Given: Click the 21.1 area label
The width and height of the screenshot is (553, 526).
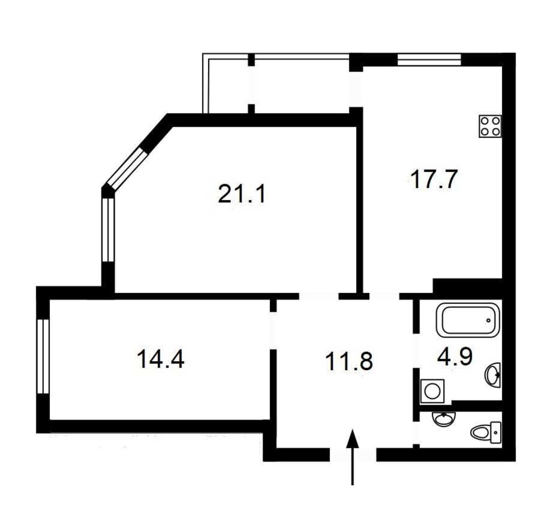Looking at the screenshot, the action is [241, 194].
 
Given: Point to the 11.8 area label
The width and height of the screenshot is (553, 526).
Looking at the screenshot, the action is [349, 362].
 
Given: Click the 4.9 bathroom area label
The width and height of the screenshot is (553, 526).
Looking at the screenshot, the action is [455, 357].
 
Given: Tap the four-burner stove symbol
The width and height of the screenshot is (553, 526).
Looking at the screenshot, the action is [490, 127].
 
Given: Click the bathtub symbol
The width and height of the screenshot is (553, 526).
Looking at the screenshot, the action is [468, 320].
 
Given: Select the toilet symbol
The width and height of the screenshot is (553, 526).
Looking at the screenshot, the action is [486, 433].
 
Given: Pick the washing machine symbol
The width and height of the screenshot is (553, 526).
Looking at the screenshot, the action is [432, 391].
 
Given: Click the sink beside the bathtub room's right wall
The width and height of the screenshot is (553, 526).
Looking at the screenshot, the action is [493, 375].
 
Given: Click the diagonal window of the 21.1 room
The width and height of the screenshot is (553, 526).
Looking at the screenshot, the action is [128, 170].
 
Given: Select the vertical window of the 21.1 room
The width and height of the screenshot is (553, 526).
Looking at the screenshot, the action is [108, 230].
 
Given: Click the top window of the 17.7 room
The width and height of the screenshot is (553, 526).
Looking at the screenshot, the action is [429, 59].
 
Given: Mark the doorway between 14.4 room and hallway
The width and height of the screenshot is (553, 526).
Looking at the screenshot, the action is [272, 331].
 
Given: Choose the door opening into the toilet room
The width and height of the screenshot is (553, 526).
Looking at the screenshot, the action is [416, 433].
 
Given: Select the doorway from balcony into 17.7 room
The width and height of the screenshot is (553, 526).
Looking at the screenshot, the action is [356, 89].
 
